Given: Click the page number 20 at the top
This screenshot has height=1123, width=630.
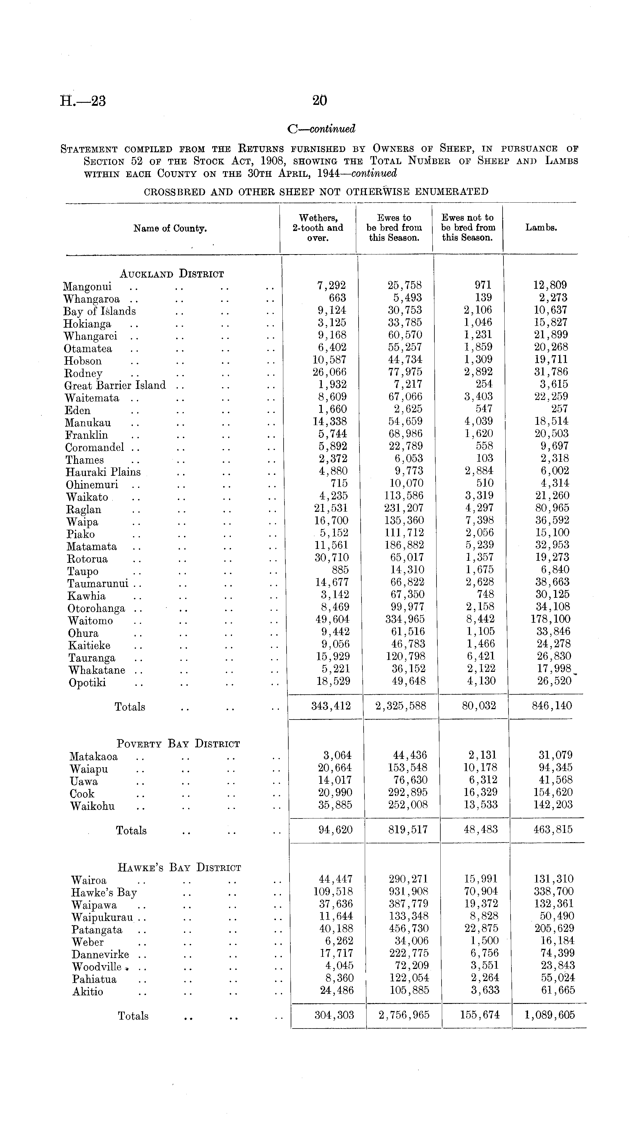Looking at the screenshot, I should coord(319,101).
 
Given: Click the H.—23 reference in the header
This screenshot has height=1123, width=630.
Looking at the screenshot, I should coord(83,101).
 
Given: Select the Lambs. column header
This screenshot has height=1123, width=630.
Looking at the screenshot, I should coord(541,228).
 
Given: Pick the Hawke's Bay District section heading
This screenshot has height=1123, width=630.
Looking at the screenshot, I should coord(179,868).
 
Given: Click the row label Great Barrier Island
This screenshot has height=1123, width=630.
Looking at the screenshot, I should coord(115,385).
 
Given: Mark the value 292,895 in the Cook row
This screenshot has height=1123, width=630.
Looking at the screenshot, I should coord(408,792).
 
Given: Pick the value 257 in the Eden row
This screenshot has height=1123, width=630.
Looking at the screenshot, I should coord(559,409).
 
